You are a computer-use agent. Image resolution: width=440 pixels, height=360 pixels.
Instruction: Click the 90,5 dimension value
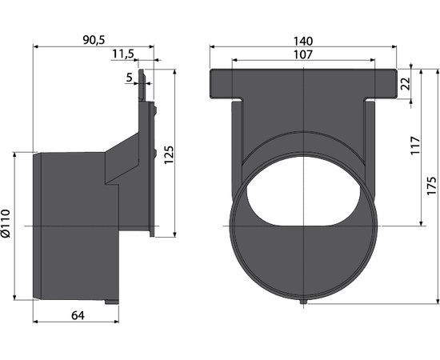coord(94,40)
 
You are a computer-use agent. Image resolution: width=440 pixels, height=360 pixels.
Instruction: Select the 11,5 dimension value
coord(123,54)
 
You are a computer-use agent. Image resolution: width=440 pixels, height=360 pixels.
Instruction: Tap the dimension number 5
coord(129,77)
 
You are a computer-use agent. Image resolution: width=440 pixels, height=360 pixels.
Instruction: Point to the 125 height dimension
coord(169,155)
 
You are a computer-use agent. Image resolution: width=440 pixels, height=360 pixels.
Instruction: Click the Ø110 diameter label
coord(6,223)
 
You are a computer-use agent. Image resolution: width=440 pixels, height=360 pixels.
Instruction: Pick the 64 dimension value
coord(78,315)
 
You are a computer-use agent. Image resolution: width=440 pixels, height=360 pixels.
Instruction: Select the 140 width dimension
coord(303,42)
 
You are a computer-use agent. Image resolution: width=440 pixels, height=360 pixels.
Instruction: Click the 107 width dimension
coord(303,54)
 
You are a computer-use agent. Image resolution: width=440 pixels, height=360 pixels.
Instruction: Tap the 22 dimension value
coord(406,83)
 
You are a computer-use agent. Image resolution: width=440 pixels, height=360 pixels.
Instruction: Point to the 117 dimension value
coord(415,145)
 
